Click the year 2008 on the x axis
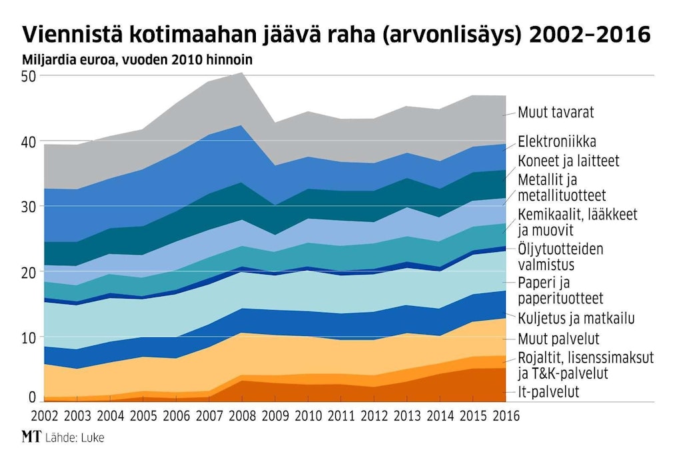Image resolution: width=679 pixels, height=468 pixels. [x=241, y=415]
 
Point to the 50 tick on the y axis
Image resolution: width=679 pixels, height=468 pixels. [x=29, y=77]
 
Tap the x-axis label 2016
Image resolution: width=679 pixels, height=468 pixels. [x=504, y=415]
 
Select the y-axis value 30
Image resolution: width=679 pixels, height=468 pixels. [x=29, y=207]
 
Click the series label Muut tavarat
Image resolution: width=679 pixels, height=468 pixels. [x=556, y=113]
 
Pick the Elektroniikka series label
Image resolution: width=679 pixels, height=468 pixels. [x=556, y=142]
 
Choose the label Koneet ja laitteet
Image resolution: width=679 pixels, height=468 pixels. [x=568, y=161]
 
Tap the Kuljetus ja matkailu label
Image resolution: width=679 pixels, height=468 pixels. [x=575, y=318]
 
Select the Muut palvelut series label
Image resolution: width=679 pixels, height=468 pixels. [x=558, y=337]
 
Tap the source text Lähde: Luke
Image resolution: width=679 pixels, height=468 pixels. [x=75, y=438]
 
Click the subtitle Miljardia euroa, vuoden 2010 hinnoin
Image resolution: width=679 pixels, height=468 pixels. [x=137, y=60]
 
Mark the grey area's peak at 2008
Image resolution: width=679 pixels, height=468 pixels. [x=241, y=73]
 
